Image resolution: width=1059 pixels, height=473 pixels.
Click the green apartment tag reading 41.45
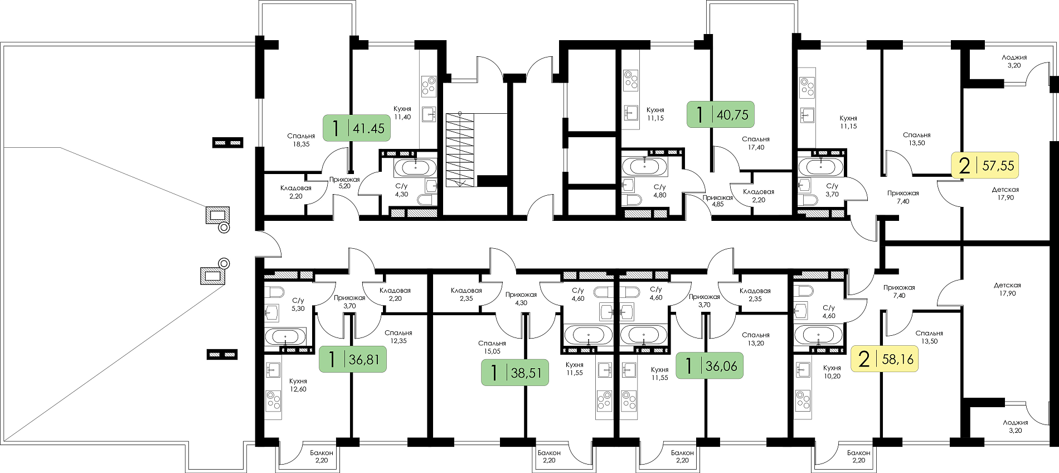tap(357, 128)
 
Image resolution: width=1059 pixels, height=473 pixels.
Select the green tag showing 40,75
tap(721, 114)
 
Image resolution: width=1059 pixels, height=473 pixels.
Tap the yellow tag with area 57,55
tap(985, 165)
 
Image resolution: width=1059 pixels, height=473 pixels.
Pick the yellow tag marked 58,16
tap(885, 359)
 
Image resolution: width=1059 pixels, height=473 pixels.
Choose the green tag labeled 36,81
tap(352, 359)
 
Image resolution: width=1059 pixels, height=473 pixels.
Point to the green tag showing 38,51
tap(515, 372)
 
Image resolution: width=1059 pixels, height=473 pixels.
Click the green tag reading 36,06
tap(710, 365)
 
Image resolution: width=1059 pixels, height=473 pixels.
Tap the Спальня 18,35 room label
tap(301, 140)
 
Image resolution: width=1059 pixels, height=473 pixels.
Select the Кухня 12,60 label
tap(298, 385)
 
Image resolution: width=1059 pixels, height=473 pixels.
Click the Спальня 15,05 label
tap(492, 347)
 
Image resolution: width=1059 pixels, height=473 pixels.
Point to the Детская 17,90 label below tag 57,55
tap(1005, 194)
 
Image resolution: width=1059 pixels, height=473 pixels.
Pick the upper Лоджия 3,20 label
tap(1014, 61)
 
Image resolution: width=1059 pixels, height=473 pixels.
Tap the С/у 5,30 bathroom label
tap(298, 305)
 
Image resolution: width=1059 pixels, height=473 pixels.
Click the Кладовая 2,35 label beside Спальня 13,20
tap(755, 295)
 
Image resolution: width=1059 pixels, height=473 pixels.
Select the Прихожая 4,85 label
tap(718, 201)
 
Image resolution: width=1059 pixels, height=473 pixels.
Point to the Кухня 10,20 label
tap(832, 372)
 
